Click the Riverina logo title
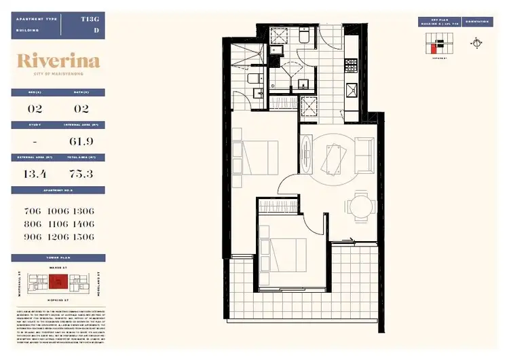[58, 62]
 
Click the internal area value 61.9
[81, 141]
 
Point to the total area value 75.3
[81, 174]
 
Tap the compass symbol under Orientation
[478, 42]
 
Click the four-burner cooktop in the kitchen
[352, 66]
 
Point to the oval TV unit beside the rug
[307, 155]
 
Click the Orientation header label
[479, 22]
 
